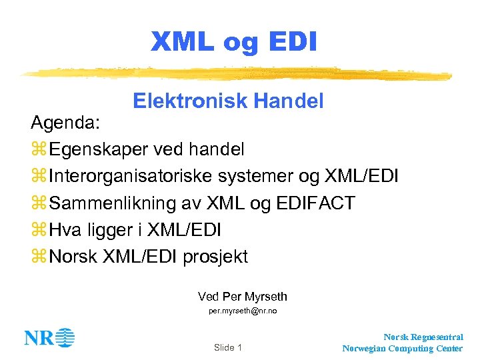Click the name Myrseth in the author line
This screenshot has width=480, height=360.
click(265, 296)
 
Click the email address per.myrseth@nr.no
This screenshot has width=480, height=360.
click(243, 311)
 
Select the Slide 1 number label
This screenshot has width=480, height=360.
click(228, 347)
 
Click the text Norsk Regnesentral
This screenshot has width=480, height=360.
click(423, 337)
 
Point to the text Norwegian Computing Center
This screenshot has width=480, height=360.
click(403, 348)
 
